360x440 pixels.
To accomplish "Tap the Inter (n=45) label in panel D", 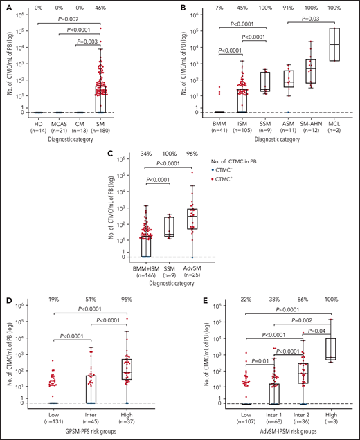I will click(x=91, y=416).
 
